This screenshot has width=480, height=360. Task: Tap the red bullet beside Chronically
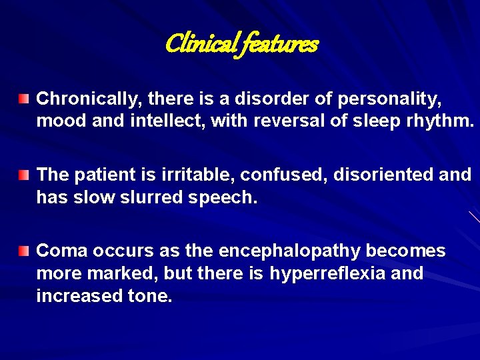24,100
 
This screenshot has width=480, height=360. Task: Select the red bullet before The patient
24,175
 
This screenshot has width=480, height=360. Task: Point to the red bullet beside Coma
24,251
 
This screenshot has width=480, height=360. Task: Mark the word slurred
157,198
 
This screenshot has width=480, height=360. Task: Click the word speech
226,198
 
